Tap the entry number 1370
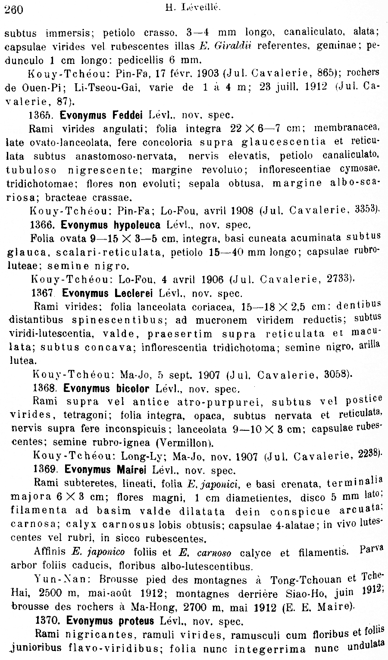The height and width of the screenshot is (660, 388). coord(47,621)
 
